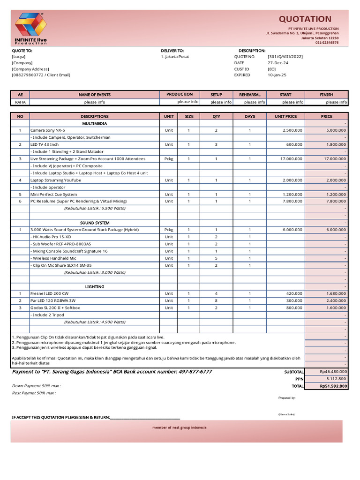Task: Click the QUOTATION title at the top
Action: [x=305, y=19]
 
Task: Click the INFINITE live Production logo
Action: [x=30, y=29]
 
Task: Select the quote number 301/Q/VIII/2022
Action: [x=285, y=57]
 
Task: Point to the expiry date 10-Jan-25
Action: [x=277, y=75]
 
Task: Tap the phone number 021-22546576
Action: [x=327, y=43]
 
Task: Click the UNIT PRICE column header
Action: [x=285, y=116]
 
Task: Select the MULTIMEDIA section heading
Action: [x=94, y=123]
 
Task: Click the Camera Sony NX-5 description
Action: [x=48, y=130]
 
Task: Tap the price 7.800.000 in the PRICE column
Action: [x=336, y=201]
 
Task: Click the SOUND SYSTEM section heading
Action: [x=94, y=223]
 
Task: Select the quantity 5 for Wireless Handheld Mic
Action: [x=216, y=258]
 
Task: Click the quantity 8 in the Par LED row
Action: [x=216, y=300]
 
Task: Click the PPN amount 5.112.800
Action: [x=336, y=379]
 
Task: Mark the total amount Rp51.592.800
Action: [x=333, y=386]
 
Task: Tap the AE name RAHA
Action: [x=20, y=102]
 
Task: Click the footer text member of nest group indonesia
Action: [x=180, y=427]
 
